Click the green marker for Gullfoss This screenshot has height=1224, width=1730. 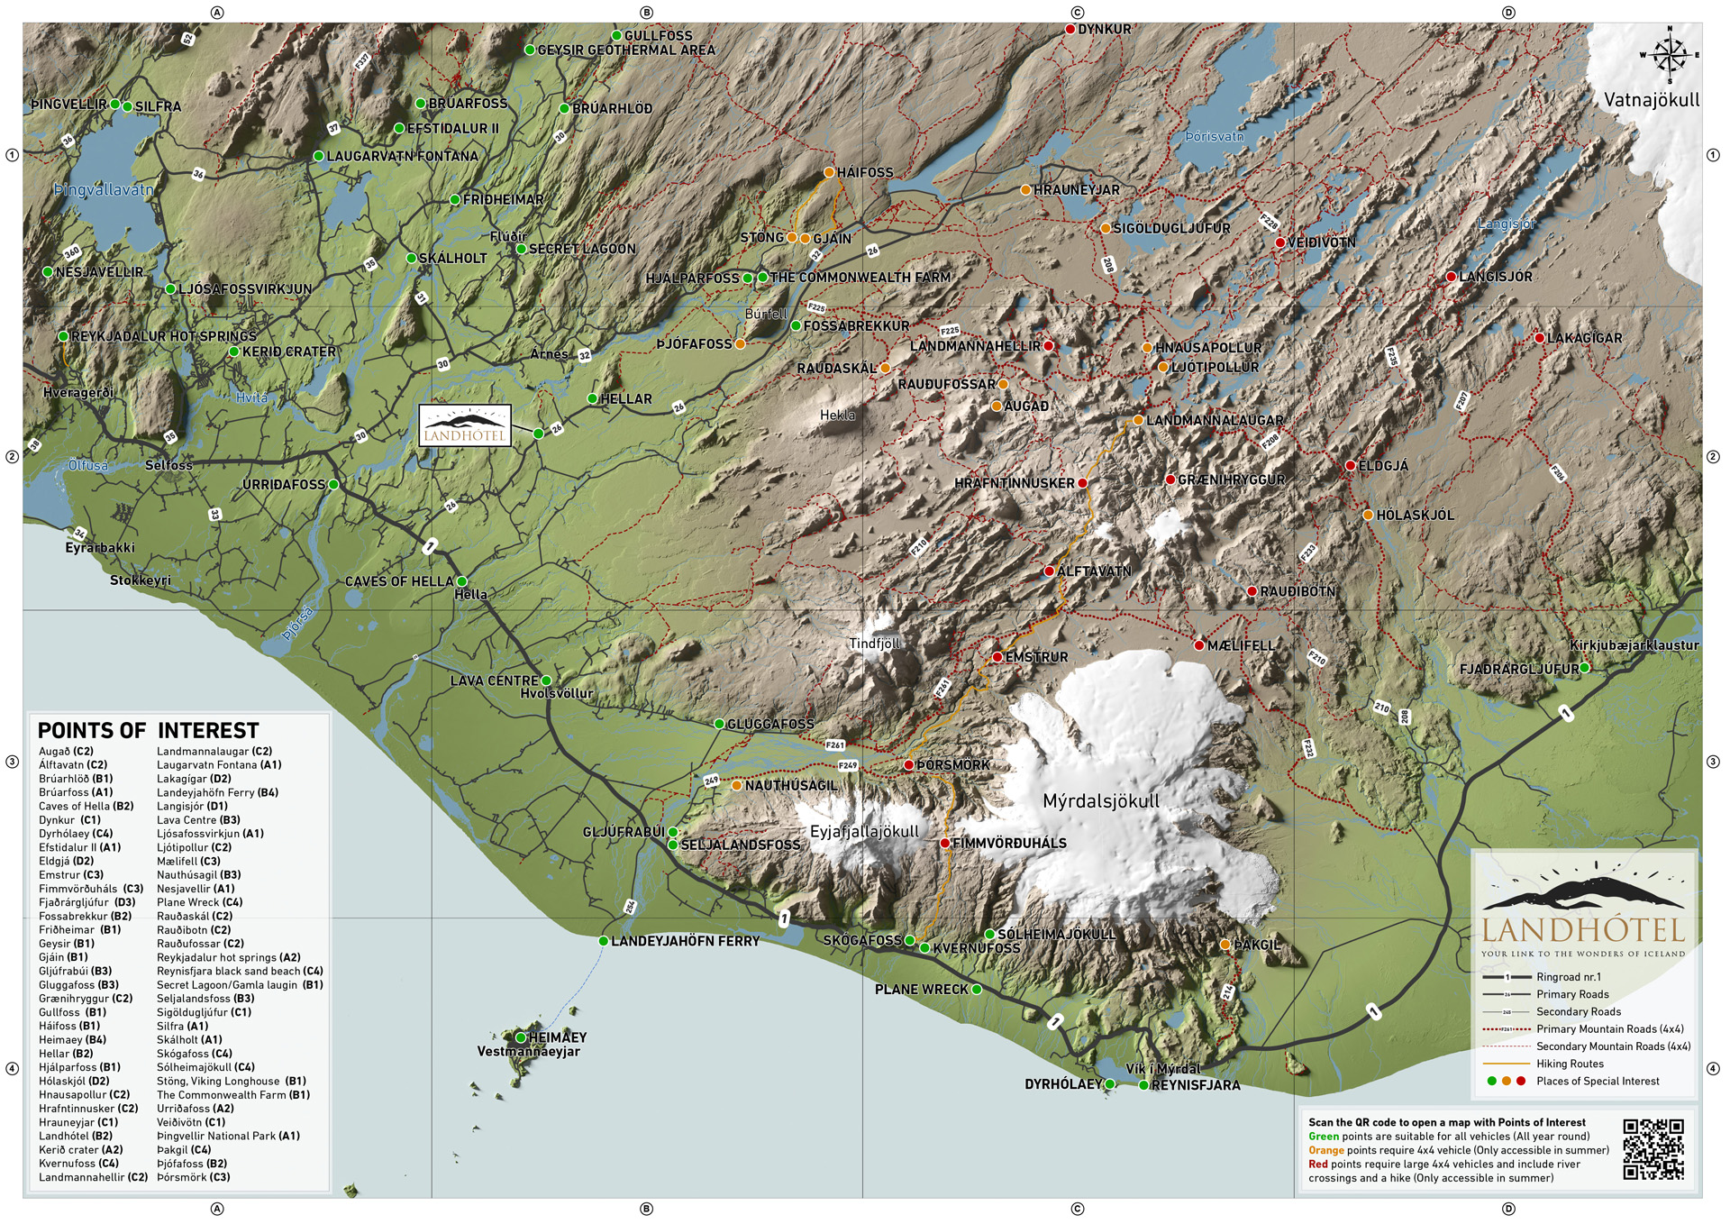pyautogui.click(x=617, y=36)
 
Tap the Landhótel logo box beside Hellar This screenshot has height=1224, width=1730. pyautogui.click(x=465, y=425)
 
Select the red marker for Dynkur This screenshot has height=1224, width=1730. pyautogui.click(x=1070, y=29)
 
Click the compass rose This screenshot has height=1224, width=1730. pyautogui.click(x=1670, y=55)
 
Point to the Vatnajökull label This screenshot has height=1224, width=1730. pyautogui.click(x=1651, y=100)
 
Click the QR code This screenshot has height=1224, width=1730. pyautogui.click(x=1653, y=1149)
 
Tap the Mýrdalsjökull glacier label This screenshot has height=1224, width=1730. pyautogui.click(x=1100, y=801)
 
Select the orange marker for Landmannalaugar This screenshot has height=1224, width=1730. pyautogui.click(x=1138, y=420)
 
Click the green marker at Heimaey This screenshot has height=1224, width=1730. pyautogui.click(x=521, y=1037)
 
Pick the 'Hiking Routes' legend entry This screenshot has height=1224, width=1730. pyautogui.click(x=1570, y=1064)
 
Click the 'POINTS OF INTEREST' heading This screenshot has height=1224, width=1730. pyautogui.click(x=148, y=730)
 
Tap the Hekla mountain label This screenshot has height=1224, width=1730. pyautogui.click(x=837, y=416)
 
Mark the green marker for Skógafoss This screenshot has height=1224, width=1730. pyautogui.click(x=910, y=940)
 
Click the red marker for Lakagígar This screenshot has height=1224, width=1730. pyautogui.click(x=1539, y=338)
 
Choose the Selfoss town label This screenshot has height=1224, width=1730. pyautogui.click(x=168, y=466)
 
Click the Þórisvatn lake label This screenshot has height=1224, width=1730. pyautogui.click(x=1214, y=137)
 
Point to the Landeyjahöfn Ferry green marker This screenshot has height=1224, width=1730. pyautogui.click(x=604, y=941)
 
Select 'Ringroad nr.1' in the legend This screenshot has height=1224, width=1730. pyautogui.click(x=1569, y=977)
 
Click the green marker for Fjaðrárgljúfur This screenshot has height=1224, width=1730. pyautogui.click(x=1584, y=668)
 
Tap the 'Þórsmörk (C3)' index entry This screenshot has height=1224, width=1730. pyautogui.click(x=194, y=1177)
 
